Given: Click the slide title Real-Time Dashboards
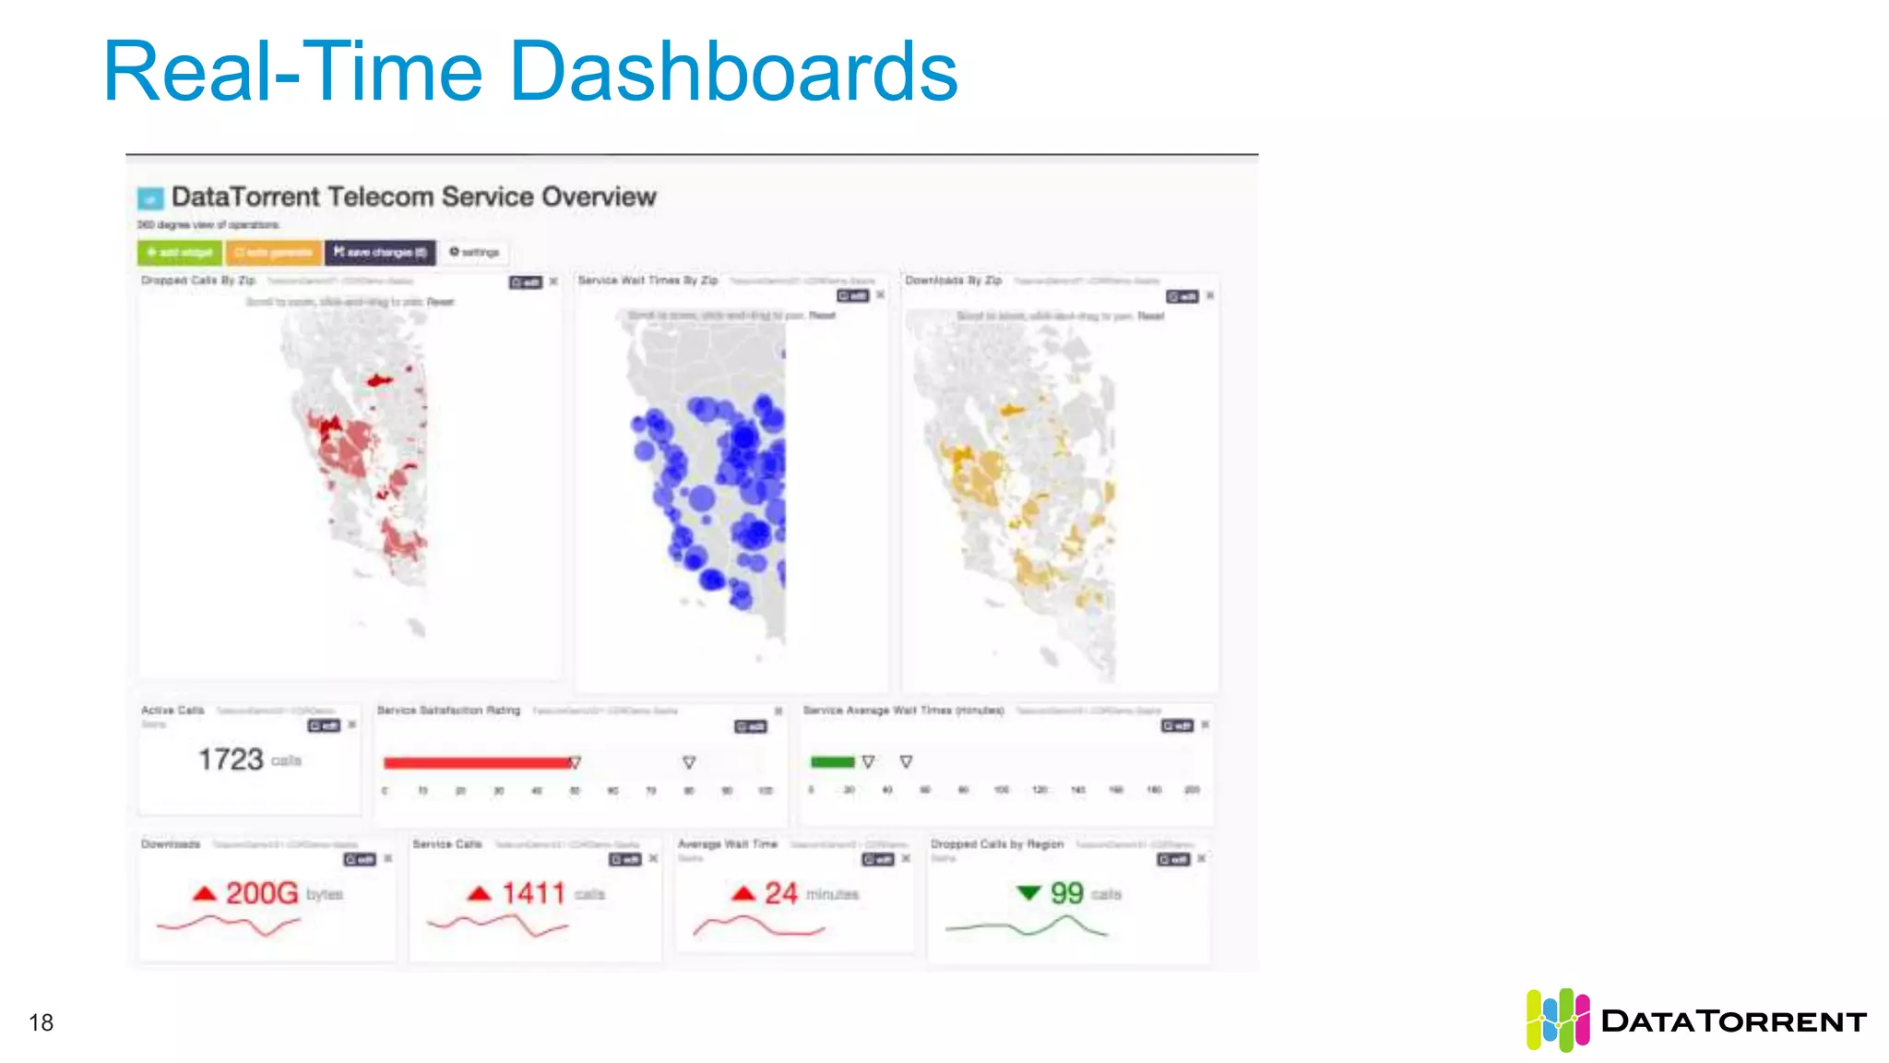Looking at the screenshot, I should [x=530, y=72].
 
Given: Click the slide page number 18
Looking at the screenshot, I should [x=42, y=1022].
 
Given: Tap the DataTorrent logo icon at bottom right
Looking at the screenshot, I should [x=1557, y=1020].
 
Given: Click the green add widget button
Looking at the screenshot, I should [x=180, y=252].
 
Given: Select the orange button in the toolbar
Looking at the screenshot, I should [x=274, y=252].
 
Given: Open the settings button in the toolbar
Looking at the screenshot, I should [x=474, y=252].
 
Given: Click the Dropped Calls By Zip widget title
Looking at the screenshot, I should [x=198, y=281].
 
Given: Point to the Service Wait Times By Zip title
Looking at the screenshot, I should [x=647, y=281].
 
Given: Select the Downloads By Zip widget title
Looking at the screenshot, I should [x=953, y=281].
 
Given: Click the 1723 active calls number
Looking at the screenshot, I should [x=231, y=759].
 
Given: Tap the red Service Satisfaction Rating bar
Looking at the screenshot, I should [x=477, y=762].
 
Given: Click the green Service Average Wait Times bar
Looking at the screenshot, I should [x=832, y=761].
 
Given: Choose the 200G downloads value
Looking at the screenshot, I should [x=262, y=893].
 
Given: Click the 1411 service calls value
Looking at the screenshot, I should [x=533, y=893].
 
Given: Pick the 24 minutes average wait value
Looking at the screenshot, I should [x=780, y=893].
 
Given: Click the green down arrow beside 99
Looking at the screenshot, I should [x=1028, y=892].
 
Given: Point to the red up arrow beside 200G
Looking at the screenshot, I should [x=204, y=893].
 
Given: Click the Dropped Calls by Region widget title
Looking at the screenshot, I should [x=997, y=844].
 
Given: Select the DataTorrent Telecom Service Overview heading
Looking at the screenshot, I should [x=413, y=197].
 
